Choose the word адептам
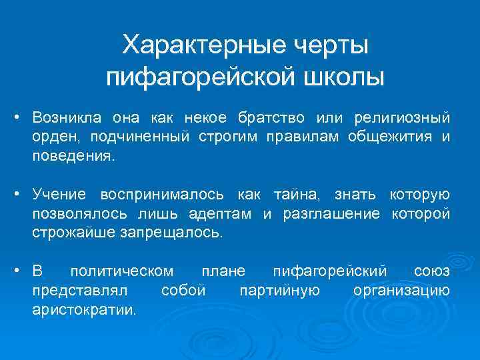219,214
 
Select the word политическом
122,271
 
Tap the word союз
431,271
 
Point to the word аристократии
83,310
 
